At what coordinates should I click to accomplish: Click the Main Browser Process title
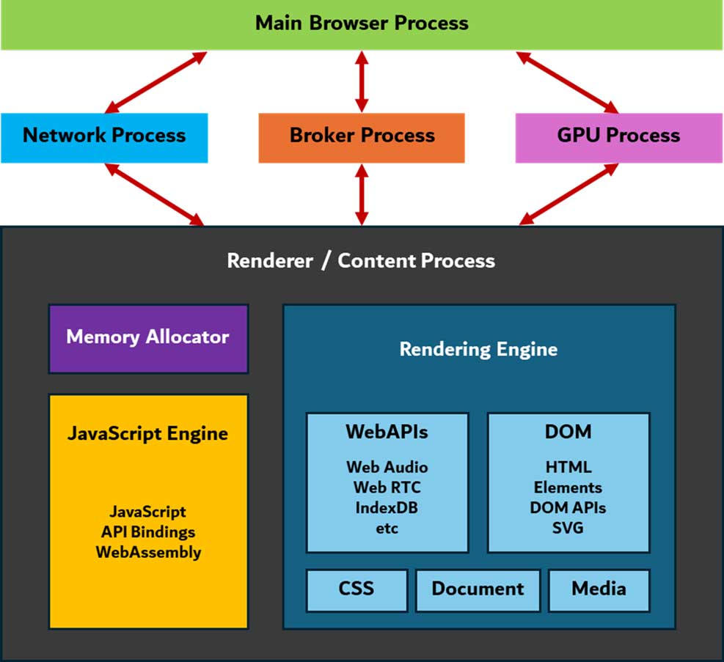tap(362, 23)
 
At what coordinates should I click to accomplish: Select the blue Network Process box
tap(104, 136)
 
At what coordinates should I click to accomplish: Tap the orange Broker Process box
tap(362, 136)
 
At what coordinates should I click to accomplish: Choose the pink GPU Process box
tap(618, 136)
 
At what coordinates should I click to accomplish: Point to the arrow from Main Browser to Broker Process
tap(362, 81)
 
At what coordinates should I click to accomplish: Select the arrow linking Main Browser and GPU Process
tap(568, 82)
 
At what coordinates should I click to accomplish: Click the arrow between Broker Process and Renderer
tap(362, 194)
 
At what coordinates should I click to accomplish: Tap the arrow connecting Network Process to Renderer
tap(155, 194)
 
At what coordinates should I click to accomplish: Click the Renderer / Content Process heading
tap(361, 261)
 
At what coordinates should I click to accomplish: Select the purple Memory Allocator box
tap(148, 338)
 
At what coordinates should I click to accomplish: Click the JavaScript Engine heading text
tap(148, 433)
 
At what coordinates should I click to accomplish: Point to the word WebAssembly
tap(148, 552)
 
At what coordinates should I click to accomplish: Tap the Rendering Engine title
tap(478, 350)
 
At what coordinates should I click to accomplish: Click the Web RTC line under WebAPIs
tap(387, 487)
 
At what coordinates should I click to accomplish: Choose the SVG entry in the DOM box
tap(568, 527)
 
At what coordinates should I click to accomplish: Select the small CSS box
tap(356, 589)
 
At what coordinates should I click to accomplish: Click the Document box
tap(478, 589)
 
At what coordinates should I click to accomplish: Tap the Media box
tap(599, 589)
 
